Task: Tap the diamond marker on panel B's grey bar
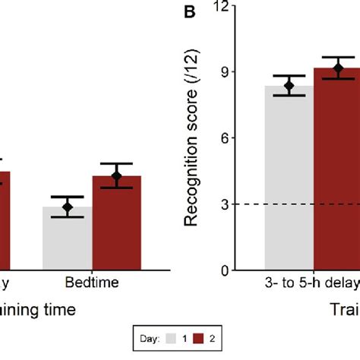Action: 289,86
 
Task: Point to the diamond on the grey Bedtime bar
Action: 68,207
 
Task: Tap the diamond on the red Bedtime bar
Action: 116,176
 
